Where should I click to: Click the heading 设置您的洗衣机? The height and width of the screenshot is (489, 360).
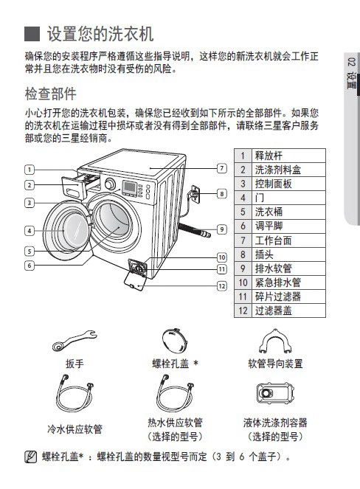(100, 34)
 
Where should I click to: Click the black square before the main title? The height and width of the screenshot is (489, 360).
(32, 35)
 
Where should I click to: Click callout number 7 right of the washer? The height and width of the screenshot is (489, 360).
(221, 168)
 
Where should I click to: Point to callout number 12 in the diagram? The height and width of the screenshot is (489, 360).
(221, 286)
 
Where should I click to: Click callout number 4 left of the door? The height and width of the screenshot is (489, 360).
(30, 229)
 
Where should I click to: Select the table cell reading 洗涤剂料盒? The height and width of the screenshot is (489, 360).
(278, 170)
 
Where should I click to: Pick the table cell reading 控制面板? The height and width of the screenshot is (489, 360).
(273, 184)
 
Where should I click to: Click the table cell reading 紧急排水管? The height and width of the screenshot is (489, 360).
(278, 282)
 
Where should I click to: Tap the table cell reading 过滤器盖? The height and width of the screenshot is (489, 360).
(273, 311)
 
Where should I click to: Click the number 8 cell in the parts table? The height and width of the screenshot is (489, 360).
(242, 254)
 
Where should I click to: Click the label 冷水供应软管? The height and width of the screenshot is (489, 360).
(75, 429)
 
